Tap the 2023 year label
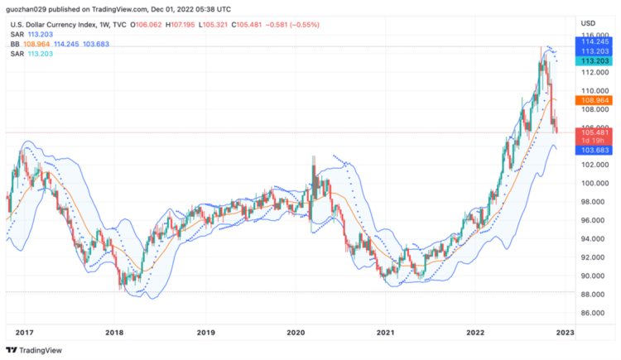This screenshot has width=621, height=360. coord(565,333)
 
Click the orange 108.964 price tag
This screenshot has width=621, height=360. coord(596,99)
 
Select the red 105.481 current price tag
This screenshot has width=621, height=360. coord(596,132)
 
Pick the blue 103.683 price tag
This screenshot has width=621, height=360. coord(596,150)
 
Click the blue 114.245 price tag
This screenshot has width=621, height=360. coord(596,41)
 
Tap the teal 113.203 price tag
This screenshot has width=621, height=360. coord(596,61)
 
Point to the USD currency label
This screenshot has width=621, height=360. coord(588,22)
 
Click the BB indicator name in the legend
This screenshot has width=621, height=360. coord(14,43)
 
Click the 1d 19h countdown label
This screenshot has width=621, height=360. coord(596,141)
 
